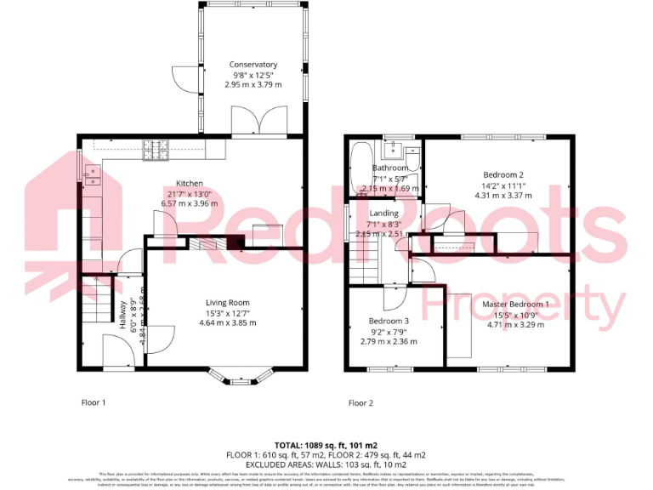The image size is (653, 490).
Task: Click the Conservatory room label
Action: pos(253,65)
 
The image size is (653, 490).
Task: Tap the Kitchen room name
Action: pos(189,183)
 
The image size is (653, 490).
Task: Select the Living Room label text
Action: pos(227,302)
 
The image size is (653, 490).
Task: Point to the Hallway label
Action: pos(123,314)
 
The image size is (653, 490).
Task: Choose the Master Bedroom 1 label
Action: pos(515,304)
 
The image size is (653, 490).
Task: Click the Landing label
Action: pos(384,214)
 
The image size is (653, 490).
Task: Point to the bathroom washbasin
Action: pos(392,151)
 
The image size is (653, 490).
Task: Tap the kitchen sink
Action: pos(91,175)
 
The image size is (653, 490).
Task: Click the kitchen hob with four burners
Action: pos(156,151)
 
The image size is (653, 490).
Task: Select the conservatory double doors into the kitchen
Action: pos(252,123)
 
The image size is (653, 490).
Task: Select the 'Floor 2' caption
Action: pos(361,402)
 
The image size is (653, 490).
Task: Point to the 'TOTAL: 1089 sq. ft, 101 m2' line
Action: pos(326,445)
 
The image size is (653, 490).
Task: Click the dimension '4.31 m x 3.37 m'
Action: pos(503,195)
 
